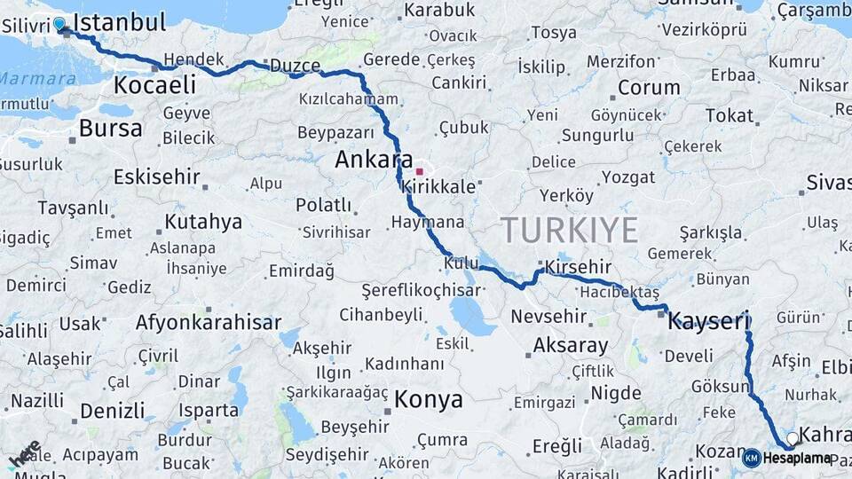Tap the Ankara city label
371,161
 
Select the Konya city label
429,399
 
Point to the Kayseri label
709,320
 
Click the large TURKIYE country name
570,231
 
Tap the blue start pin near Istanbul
59,25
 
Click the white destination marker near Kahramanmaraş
792,438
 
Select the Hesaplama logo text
797,458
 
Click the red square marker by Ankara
419,170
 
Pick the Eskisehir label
157,177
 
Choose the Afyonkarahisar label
208,322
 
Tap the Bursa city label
110,129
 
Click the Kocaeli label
154,85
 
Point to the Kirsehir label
579,267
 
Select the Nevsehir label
548,316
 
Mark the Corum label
649,88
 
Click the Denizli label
112,411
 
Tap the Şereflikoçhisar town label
422,290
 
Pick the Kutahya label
203,221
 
